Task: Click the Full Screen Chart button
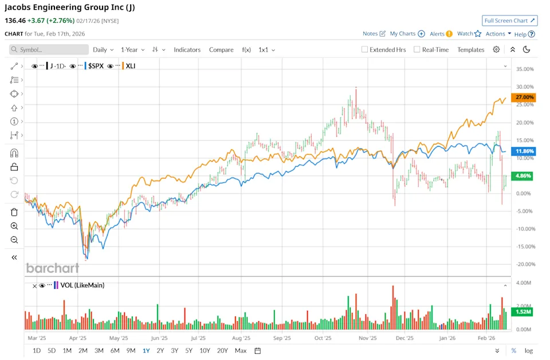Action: click(509, 21)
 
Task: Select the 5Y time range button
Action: click(189, 350)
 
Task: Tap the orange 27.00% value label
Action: click(525, 97)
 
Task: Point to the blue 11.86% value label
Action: click(525, 151)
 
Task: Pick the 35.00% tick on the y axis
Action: click(525, 69)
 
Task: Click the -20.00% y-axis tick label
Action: click(525, 264)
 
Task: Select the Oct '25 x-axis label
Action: click(324, 338)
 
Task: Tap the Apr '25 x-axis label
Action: click(78, 338)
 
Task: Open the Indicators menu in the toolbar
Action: click(187, 50)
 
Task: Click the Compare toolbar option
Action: click(221, 50)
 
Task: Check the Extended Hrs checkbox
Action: click(364, 50)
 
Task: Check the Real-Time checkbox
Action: click(417, 50)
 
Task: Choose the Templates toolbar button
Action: click(470, 50)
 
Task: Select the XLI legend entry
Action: click(131, 66)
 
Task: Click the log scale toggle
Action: click(528, 350)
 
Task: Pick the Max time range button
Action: click(241, 350)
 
